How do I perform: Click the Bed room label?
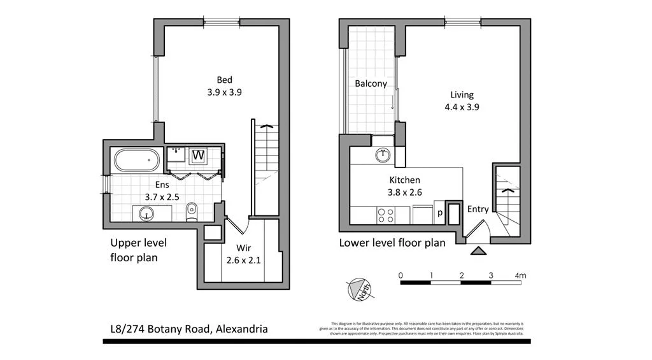[x=224, y=80]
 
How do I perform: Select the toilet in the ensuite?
[x=191, y=212]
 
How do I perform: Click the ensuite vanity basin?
[x=148, y=213]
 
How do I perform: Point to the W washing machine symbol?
[x=198, y=155]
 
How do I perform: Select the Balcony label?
[x=371, y=83]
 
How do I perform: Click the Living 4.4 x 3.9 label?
[x=462, y=101]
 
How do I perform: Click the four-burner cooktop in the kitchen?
[x=385, y=215]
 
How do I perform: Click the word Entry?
[x=478, y=209]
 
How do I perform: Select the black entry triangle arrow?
[x=476, y=250]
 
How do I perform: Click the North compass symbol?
[x=361, y=290]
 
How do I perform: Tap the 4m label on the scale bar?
[x=521, y=275]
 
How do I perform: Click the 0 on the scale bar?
[x=400, y=275]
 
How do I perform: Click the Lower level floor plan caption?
[x=392, y=242]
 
